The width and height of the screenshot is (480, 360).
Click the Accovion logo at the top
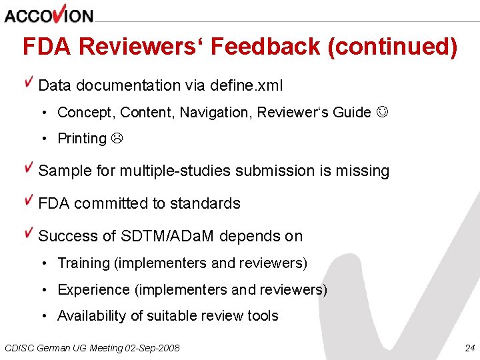pos(49,14)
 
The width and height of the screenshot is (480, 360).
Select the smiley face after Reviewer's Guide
pos(382,113)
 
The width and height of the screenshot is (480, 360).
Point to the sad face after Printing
pos(116,139)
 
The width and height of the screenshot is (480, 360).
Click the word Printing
pos(82,139)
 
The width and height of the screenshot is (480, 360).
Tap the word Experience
pos(93,290)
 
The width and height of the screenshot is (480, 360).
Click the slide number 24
pos(469,348)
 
